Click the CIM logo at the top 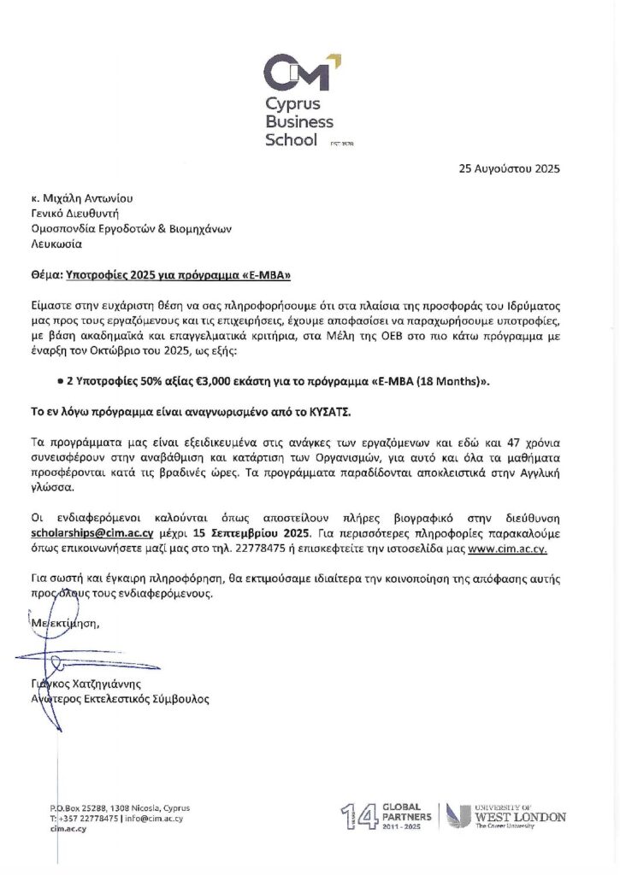click(299, 73)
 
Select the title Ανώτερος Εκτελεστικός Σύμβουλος click(119, 699)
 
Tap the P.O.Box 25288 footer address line click(120, 807)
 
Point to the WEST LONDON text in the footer click(523, 817)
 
